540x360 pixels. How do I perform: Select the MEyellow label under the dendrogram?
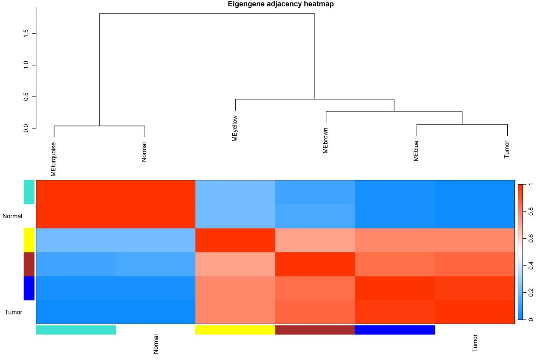235,128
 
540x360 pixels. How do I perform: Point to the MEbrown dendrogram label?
326,139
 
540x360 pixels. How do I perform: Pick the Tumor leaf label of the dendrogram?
507,149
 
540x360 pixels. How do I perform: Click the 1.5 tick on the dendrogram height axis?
26,33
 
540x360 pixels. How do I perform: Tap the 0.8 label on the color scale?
531,211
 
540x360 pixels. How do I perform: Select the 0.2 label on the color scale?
531,292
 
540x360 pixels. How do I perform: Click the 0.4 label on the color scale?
531,266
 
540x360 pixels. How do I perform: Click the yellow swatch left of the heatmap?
29,240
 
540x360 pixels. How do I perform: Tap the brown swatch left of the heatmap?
29,264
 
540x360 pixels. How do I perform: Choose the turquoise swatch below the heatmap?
76,330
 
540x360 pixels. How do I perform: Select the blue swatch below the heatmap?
395,330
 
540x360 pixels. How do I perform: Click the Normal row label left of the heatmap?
12,216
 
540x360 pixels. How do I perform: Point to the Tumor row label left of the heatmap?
13,312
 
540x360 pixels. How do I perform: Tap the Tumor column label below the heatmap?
475,343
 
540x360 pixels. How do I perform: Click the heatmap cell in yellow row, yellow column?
235,240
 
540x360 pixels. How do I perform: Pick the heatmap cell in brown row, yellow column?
235,264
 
